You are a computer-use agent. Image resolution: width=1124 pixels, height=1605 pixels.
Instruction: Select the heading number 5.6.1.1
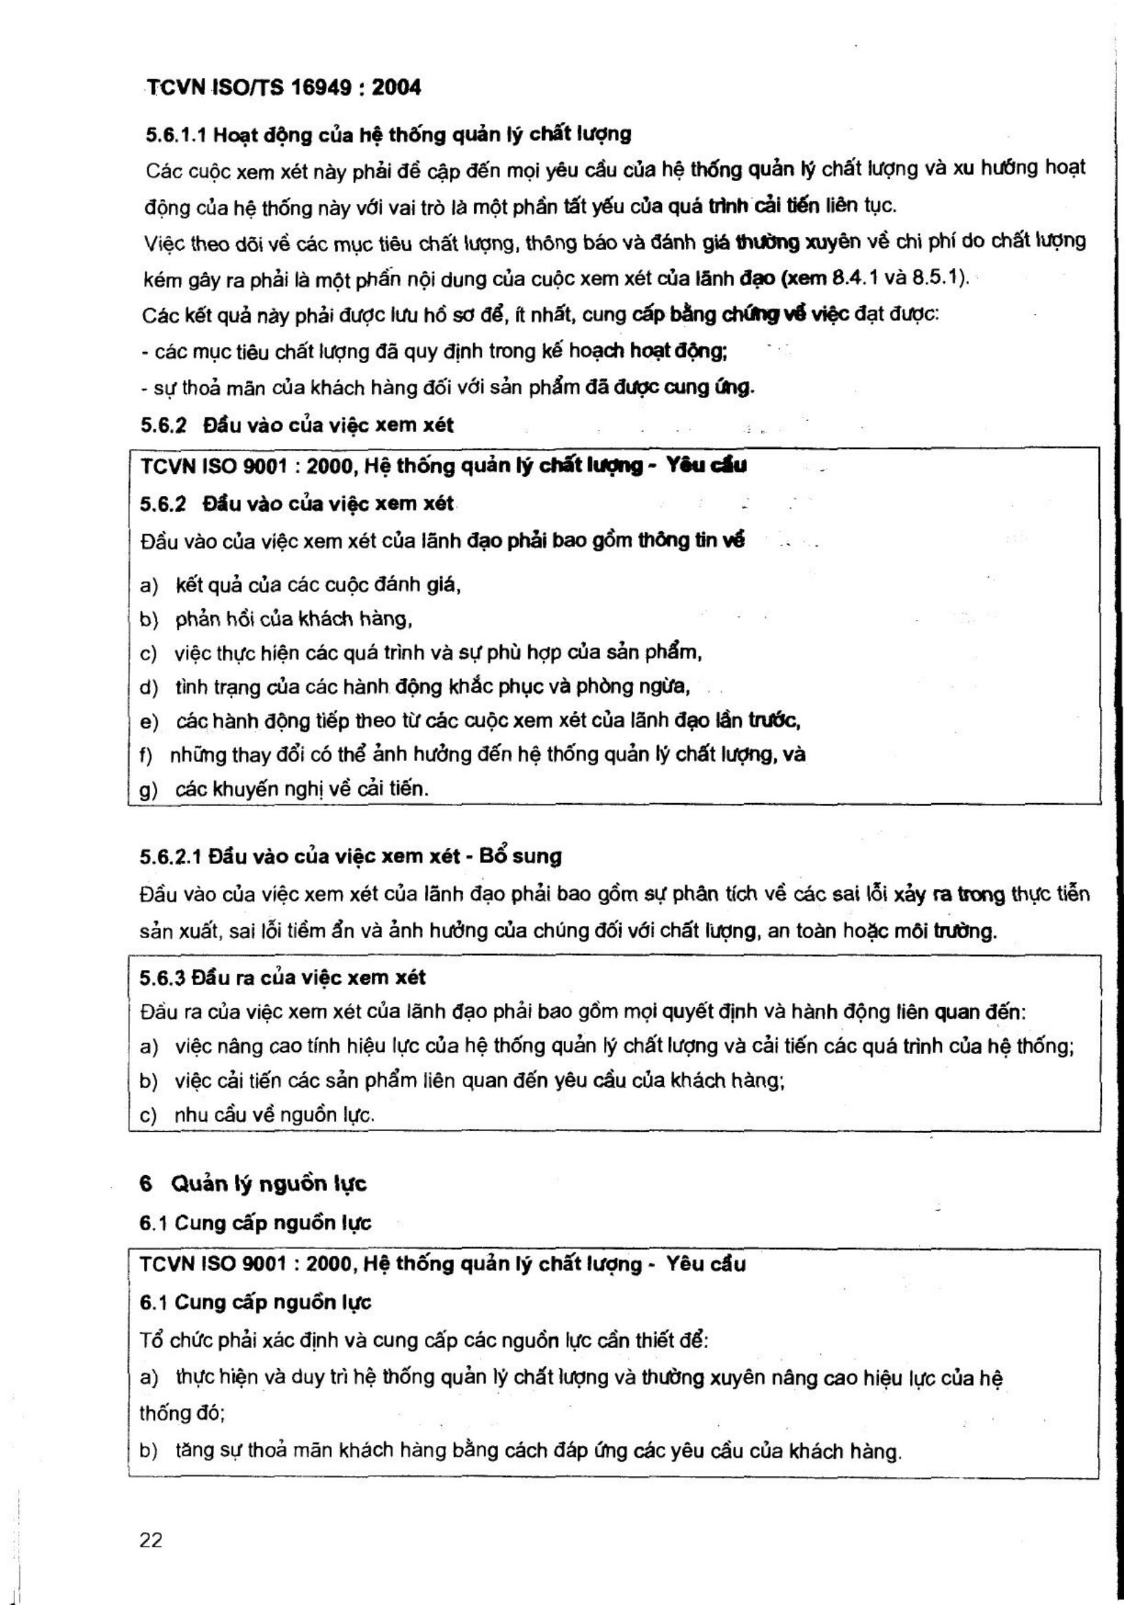pyautogui.click(x=176, y=134)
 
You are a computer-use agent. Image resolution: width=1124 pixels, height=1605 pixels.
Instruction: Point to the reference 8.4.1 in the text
pyautogui.click(x=855, y=278)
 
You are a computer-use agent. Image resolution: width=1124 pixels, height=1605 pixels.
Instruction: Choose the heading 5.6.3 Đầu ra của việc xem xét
pyautogui.click(x=282, y=977)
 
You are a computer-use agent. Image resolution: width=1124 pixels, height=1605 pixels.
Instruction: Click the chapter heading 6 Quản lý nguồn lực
pyautogui.click(x=253, y=1183)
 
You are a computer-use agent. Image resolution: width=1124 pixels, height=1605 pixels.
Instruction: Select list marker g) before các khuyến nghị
pyautogui.click(x=149, y=790)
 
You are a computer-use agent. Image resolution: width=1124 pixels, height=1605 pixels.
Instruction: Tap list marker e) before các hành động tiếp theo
pyautogui.click(x=149, y=721)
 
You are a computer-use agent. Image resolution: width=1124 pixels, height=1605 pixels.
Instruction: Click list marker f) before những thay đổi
pyautogui.click(x=147, y=756)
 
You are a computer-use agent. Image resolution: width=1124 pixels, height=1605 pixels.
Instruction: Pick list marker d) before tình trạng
pyautogui.click(x=149, y=687)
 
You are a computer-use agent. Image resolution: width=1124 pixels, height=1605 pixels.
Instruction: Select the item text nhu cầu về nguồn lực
pyautogui.click(x=274, y=1115)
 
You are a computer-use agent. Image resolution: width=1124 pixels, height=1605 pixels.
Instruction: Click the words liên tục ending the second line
pyautogui.click(x=860, y=206)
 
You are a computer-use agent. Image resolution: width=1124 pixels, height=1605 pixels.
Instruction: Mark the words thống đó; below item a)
pyautogui.click(x=182, y=1414)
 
